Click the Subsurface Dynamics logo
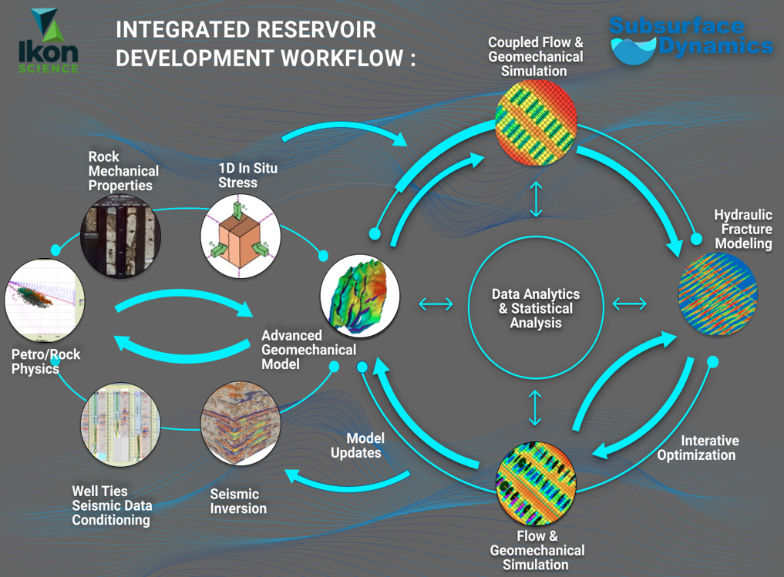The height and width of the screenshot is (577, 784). point(691,41)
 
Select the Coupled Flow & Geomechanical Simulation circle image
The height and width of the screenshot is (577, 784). point(535,122)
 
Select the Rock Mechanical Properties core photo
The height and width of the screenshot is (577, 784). point(121,235)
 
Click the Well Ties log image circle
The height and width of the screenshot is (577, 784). point(119,423)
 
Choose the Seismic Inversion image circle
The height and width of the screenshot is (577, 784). point(240,423)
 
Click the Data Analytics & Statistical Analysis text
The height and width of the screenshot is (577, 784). point(536,308)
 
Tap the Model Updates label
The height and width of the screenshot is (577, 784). point(356,445)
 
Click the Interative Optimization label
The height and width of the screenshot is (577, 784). point(697,448)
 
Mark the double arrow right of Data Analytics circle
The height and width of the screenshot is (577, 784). point(630,304)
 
